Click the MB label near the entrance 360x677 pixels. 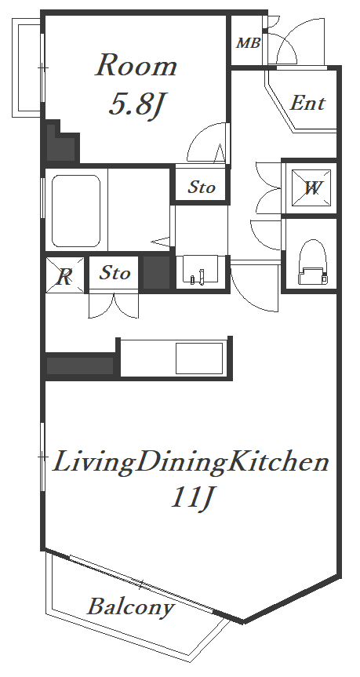[249, 43]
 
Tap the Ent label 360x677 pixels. [307, 104]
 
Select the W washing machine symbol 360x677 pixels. [311, 188]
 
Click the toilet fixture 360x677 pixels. [311, 263]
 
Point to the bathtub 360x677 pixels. [76, 211]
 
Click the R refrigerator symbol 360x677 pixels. [65, 275]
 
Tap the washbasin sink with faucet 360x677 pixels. [201, 271]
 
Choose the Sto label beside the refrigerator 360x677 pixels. [115, 273]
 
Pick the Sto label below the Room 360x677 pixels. [201, 187]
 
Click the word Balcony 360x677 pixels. [131, 608]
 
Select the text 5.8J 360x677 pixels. [137, 105]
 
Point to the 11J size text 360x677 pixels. [192, 498]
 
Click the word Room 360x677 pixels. [136, 65]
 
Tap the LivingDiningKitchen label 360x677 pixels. [191, 462]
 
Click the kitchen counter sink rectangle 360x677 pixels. [199, 359]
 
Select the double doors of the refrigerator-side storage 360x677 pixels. [114, 306]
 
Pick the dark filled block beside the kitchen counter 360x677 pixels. [80, 366]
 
